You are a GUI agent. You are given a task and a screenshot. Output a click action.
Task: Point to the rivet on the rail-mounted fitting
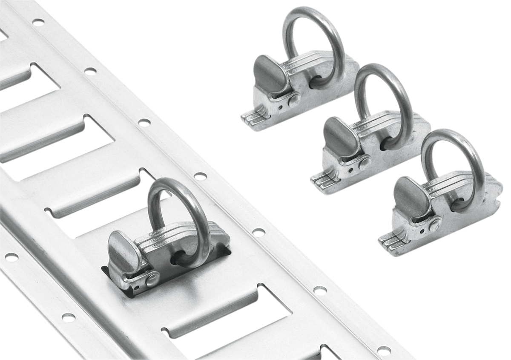pos(152,279)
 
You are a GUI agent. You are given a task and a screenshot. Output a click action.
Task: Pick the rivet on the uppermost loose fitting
pos(293,101)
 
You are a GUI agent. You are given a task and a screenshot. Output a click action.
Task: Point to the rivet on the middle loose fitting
pos(365,163)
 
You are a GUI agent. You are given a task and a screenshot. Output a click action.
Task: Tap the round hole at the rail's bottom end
pos(384,351)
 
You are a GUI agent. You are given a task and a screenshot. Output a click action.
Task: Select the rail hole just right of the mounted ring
pos(258,232)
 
